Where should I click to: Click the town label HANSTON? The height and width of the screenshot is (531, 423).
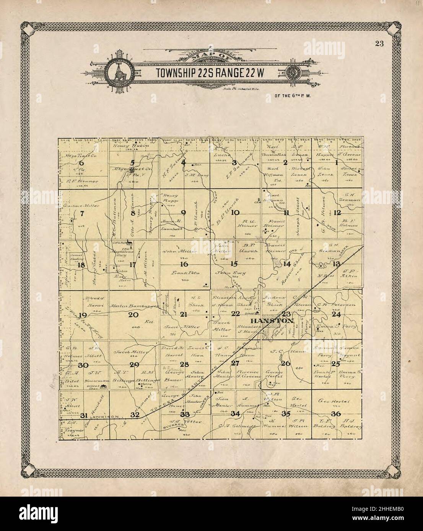[272, 321]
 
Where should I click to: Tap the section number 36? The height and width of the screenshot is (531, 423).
[336, 414]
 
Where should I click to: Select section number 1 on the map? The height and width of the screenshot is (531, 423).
[336, 163]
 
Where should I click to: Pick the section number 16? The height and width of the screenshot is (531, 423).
[184, 264]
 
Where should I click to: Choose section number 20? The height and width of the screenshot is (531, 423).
[133, 315]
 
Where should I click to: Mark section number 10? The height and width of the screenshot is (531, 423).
[235, 213]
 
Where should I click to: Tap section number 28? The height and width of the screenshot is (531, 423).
[185, 364]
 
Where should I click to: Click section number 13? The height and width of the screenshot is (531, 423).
[337, 264]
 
